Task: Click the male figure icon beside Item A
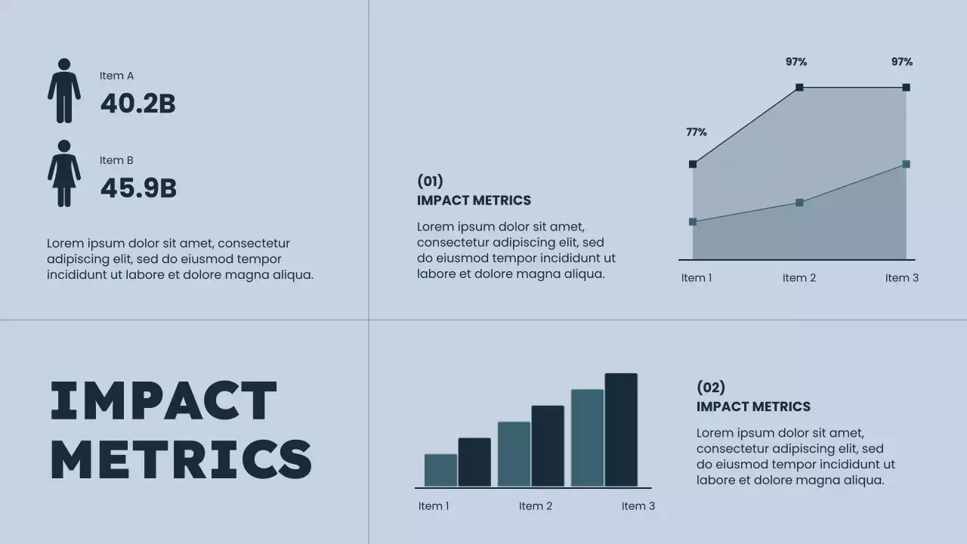coord(64,91)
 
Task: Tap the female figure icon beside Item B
coord(64,174)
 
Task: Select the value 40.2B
coord(137,104)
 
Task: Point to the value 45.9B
coord(138,189)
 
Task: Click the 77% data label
coord(697,132)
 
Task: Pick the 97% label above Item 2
coord(796,62)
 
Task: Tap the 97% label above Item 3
coord(902,62)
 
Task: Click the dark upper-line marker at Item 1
coord(693,164)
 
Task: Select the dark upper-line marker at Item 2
coord(799,88)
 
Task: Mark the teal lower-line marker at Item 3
coord(906,164)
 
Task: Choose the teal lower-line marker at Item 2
coord(799,202)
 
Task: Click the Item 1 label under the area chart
coord(697,278)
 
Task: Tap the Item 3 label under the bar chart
coord(638,506)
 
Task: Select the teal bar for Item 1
coord(440,470)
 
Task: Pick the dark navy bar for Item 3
coord(621,430)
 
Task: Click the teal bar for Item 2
coord(514,454)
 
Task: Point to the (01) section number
coord(430,181)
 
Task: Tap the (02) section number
coord(710,388)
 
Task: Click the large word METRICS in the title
coord(181,459)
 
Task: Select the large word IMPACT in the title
coord(164,400)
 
